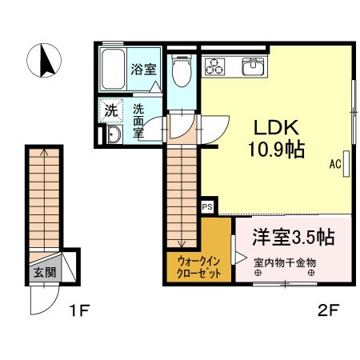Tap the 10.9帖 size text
coord(276,150)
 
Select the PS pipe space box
coord(207,206)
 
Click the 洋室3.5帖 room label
coord(293,237)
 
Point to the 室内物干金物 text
coord(286,262)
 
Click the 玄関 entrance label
coord(45,271)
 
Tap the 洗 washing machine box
coord(110,110)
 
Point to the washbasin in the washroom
coord(112,134)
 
